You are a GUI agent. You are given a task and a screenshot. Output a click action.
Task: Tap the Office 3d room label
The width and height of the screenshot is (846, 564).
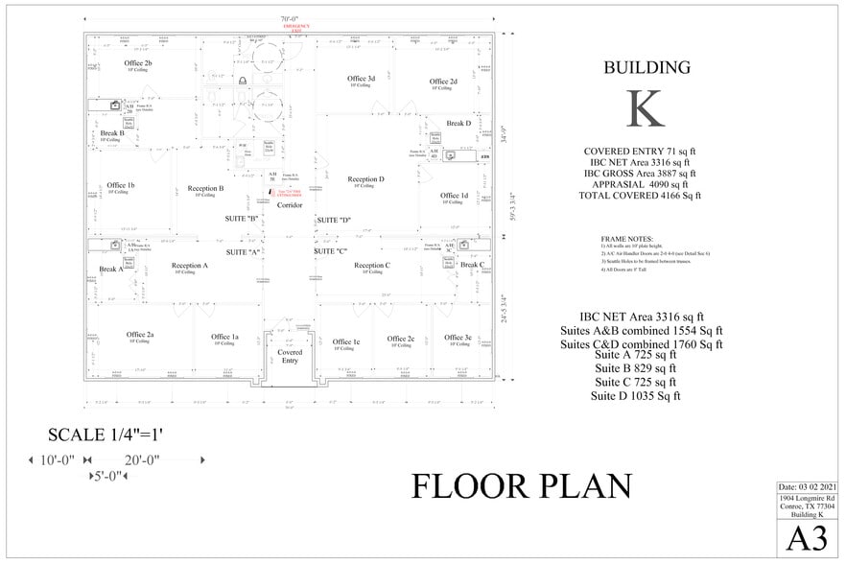click(361, 79)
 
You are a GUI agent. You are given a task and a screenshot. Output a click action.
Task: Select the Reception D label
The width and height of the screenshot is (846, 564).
click(365, 179)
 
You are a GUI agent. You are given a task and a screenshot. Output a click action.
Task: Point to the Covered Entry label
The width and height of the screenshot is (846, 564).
click(290, 357)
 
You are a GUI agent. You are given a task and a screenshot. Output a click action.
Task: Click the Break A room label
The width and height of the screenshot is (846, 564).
click(111, 270)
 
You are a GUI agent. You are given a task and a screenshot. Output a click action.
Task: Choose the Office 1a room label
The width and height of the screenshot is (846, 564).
click(224, 337)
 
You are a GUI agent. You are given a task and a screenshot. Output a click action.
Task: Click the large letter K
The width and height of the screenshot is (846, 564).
click(646, 108)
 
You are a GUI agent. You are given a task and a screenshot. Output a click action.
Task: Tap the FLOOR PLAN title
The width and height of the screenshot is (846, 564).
click(522, 486)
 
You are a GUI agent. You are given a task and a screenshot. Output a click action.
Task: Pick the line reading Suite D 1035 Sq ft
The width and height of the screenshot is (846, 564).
click(635, 395)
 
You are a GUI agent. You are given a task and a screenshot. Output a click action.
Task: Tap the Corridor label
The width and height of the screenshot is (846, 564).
click(290, 205)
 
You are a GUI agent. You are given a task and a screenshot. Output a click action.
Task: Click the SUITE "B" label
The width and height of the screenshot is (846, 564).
click(242, 220)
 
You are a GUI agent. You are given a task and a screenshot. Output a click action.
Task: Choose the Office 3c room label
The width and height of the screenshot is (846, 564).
click(455, 338)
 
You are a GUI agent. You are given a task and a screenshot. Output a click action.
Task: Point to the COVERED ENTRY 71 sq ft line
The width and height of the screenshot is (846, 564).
click(640, 152)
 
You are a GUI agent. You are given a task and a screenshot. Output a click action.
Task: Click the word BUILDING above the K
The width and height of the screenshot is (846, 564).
click(646, 67)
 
